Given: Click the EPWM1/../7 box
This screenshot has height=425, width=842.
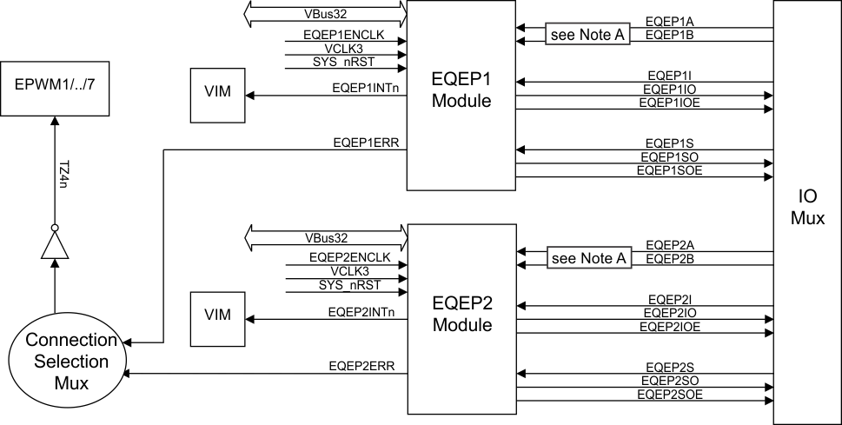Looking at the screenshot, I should point(55,88).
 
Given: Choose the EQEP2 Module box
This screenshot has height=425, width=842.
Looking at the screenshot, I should point(462,318).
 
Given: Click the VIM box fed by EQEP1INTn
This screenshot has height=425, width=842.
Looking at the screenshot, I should point(217,92).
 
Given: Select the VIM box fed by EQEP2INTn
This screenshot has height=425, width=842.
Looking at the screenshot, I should point(217,315).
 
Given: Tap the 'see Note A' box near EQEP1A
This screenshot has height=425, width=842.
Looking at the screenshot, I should point(587,35).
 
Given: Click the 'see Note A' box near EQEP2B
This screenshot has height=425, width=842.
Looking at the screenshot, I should point(587,258).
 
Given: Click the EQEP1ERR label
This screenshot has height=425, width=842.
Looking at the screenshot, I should point(365,142).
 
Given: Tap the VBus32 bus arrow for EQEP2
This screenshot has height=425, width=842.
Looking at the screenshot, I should point(327,237).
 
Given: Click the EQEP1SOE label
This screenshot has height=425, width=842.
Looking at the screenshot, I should point(669,170).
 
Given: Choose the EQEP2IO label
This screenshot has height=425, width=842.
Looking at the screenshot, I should point(669,312).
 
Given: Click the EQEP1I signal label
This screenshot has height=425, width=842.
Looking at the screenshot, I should point(669,76).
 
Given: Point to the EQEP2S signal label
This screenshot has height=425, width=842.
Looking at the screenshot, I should point(669,366).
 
